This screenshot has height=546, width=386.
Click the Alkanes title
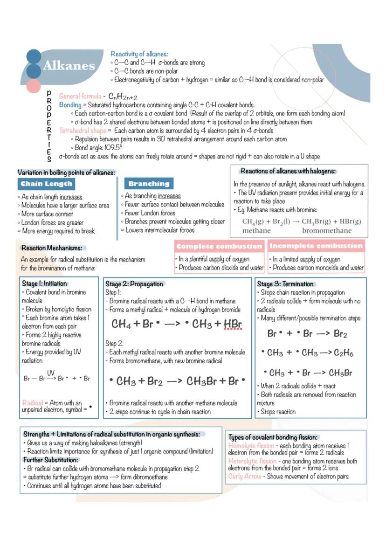(x=69, y=66)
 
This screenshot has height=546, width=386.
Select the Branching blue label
(x=149, y=184)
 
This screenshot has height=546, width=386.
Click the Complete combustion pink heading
(x=219, y=246)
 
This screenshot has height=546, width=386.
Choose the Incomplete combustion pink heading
(x=316, y=246)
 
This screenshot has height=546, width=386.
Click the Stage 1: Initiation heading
(x=44, y=283)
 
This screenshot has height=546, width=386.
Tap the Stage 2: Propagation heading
(x=134, y=284)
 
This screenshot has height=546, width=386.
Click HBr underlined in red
(x=233, y=324)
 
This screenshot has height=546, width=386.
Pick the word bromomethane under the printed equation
(x=327, y=230)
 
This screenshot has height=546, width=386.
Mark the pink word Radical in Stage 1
(x=33, y=403)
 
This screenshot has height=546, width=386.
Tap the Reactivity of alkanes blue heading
(x=139, y=54)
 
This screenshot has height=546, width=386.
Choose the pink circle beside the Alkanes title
(x=34, y=86)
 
